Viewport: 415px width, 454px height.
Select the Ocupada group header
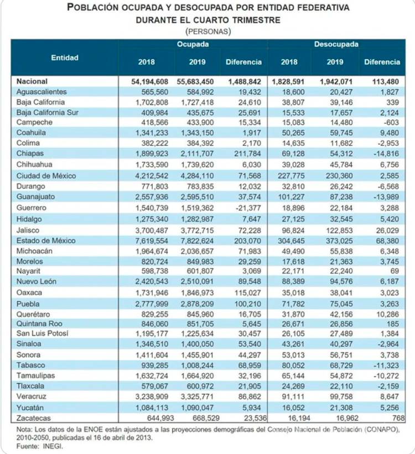click(193, 44)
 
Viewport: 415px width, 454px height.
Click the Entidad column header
click(65, 57)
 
